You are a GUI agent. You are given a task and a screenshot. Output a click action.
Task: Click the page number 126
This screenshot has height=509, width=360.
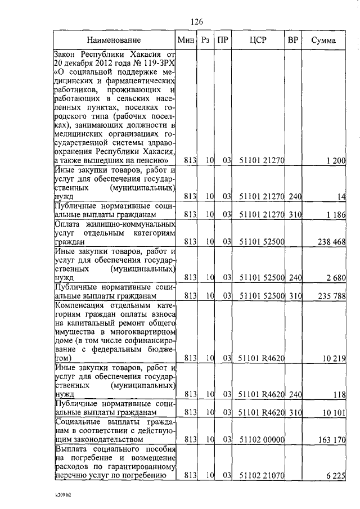click(x=196, y=21)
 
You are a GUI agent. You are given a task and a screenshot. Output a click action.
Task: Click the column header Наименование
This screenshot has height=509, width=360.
click(x=114, y=40)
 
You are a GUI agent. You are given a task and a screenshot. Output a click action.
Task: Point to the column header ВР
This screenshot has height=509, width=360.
click(x=292, y=40)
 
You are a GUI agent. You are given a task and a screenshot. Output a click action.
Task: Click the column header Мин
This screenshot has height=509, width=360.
click(x=186, y=40)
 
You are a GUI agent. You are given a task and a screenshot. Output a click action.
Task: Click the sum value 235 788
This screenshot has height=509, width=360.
click(x=331, y=295)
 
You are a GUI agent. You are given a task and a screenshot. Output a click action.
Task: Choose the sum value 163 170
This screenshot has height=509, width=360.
click(x=331, y=439)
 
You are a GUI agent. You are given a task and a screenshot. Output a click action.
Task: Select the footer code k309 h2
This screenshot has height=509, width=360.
click(x=64, y=497)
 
